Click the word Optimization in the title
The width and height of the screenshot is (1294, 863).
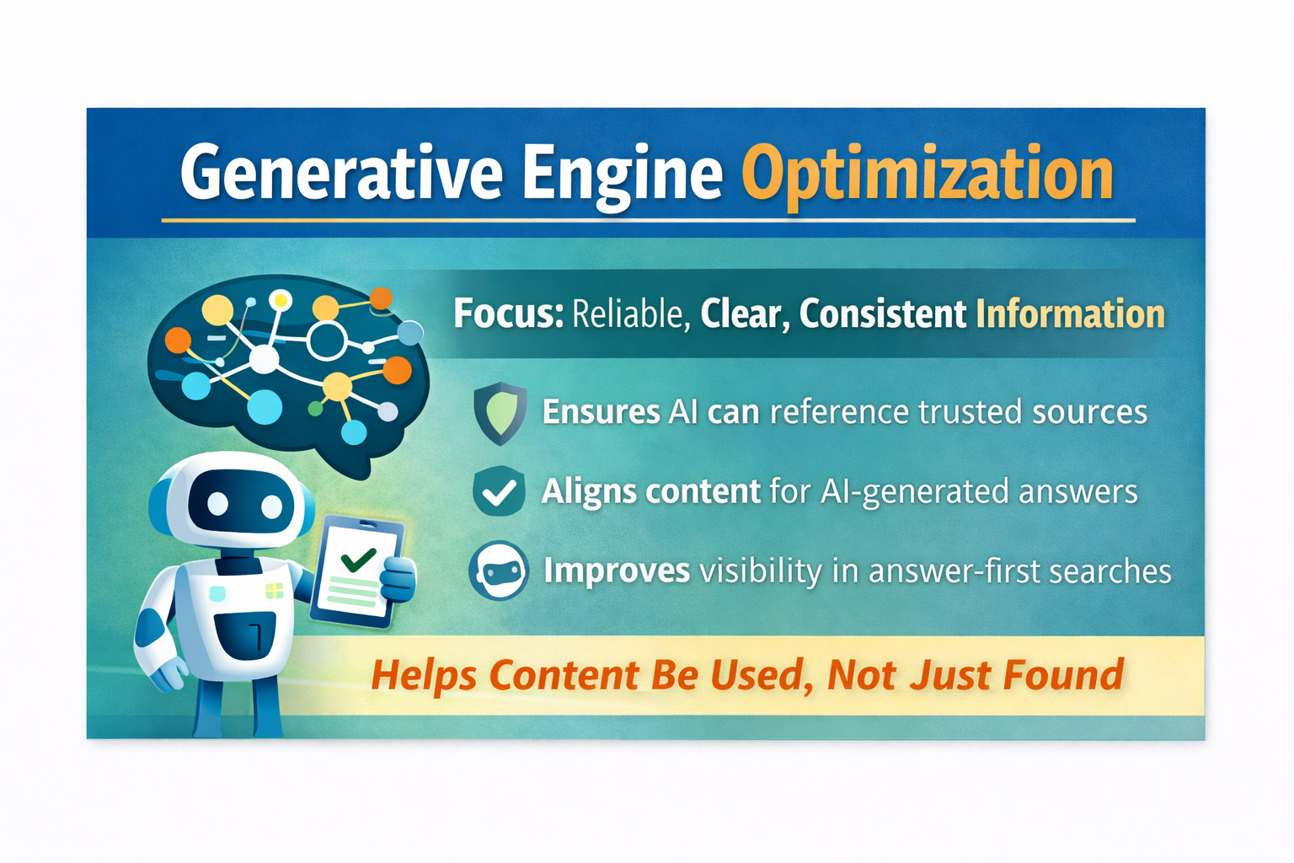[927, 174]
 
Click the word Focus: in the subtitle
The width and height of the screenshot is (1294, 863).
[508, 314]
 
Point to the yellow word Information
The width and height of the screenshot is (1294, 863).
[1070, 314]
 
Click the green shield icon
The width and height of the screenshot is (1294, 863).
[500, 413]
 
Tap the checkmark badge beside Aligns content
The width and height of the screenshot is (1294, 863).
[500, 491]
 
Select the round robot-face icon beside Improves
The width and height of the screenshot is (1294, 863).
[499, 571]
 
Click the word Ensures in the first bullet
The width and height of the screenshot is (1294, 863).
[601, 412]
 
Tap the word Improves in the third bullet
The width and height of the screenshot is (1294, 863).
[617, 571]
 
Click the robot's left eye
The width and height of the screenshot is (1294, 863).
[217, 504]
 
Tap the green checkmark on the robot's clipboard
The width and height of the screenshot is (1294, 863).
[358, 557]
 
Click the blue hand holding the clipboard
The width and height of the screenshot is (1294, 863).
[398, 579]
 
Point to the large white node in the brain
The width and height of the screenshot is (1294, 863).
[264, 360]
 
